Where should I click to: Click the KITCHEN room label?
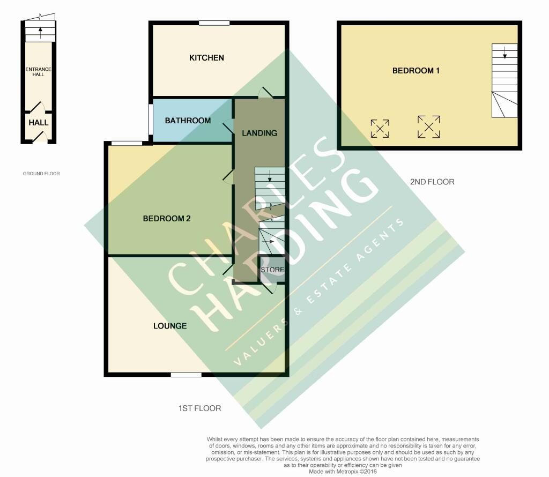(206, 58)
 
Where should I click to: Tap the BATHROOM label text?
(188, 121)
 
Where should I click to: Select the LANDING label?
(259, 133)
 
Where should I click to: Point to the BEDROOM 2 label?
(167, 219)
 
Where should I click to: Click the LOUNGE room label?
(170, 326)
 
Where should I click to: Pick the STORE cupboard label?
(272, 270)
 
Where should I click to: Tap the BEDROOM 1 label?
(416, 71)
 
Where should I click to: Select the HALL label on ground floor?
(39, 123)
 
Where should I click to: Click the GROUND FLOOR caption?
(41, 174)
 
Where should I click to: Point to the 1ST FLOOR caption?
(199, 408)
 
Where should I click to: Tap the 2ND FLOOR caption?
(432, 182)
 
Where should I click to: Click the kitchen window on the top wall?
(214, 23)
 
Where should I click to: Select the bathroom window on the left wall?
(151, 119)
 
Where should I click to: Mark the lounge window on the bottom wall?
(187, 375)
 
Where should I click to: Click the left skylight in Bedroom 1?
(380, 129)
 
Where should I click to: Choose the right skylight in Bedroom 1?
(429, 126)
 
